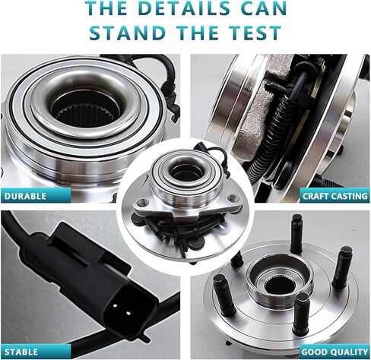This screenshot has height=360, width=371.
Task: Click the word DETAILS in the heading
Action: [x=184, y=8]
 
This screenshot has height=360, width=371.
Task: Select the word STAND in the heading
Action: [x=128, y=33]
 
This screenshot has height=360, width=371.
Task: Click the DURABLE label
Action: [x=25, y=196]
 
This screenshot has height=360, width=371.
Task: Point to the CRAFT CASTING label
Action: [x=335, y=196]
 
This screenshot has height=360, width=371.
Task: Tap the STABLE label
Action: [x=21, y=352]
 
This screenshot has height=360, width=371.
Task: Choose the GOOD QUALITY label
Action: [x=335, y=352]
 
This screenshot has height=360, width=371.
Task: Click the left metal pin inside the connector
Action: [x=115, y=305]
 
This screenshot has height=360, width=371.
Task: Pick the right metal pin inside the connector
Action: [x=128, y=313]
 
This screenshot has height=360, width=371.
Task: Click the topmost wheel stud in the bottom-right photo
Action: [x=296, y=233]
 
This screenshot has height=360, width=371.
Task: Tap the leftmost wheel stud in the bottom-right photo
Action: [x=224, y=295]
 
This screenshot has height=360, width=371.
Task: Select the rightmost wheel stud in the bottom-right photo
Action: [x=343, y=267]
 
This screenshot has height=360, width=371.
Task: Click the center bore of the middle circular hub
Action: [x=187, y=172]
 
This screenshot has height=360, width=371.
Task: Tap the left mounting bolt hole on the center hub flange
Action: [x=143, y=202]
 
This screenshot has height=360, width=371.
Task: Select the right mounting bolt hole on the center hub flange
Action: [x=233, y=197]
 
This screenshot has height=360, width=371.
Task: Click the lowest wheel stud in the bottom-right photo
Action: [x=301, y=314]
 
